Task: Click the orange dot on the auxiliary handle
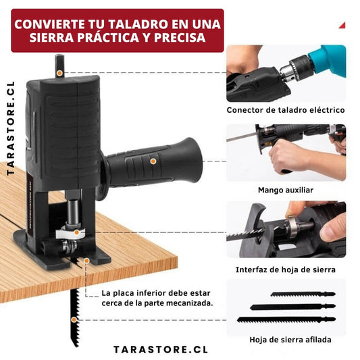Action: tap(153, 161)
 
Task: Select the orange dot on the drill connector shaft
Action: tap(59, 73)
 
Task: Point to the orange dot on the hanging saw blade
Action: tap(74, 319)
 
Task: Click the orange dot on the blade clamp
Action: tap(77, 232)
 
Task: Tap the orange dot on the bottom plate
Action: tap(86, 261)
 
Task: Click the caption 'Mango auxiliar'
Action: tap(286, 190)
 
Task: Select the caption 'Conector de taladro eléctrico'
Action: tap(286, 110)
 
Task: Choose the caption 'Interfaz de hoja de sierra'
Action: tap(286, 269)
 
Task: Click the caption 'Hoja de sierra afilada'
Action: tap(290, 340)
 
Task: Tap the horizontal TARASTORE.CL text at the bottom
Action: tap(161, 350)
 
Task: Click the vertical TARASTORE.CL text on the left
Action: tap(11, 128)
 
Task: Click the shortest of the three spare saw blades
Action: tap(303, 294)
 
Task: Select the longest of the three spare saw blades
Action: tap(286, 319)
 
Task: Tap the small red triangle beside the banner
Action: tap(342, 25)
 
